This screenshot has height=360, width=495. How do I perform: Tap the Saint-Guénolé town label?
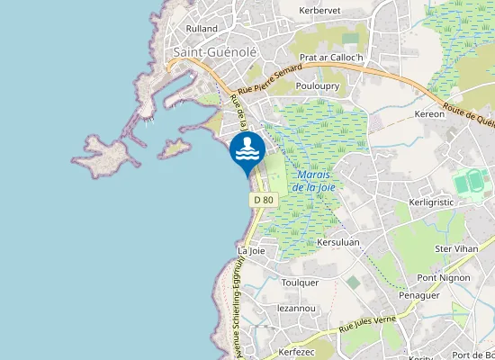pos(214,53)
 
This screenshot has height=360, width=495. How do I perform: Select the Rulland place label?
pos(202,29)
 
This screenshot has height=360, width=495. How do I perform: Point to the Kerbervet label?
pos(322,11)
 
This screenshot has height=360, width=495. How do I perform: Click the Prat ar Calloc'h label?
pos(330,58)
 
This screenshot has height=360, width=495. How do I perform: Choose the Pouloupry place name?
pos(316,86)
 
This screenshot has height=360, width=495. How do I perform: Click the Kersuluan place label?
pos(338,243)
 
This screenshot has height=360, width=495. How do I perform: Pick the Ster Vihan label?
pos(454,248)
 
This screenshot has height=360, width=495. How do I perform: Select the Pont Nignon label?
pos(443,278)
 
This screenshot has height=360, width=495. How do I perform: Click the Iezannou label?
pos(296,308)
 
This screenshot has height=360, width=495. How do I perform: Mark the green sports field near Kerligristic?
pos(467,183)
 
